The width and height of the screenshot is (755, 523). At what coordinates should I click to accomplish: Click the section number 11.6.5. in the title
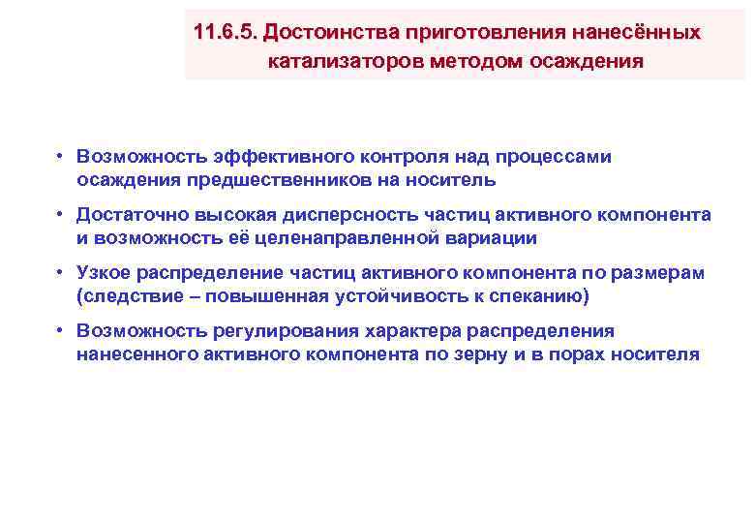[225, 32]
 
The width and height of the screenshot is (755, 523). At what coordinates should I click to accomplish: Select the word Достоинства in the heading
[319, 32]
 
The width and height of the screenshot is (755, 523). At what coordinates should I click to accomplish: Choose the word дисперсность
[326, 215]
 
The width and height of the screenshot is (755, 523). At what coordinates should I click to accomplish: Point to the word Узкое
[105, 273]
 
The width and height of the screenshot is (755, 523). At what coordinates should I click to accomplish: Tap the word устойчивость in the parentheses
[388, 295]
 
